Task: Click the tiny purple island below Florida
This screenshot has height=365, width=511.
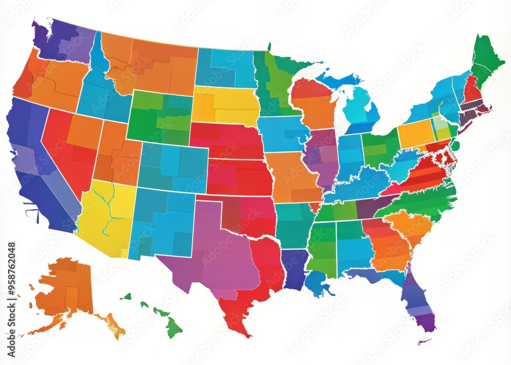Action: [x=424, y=341]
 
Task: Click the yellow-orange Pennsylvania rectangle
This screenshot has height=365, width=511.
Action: [x=415, y=134]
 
